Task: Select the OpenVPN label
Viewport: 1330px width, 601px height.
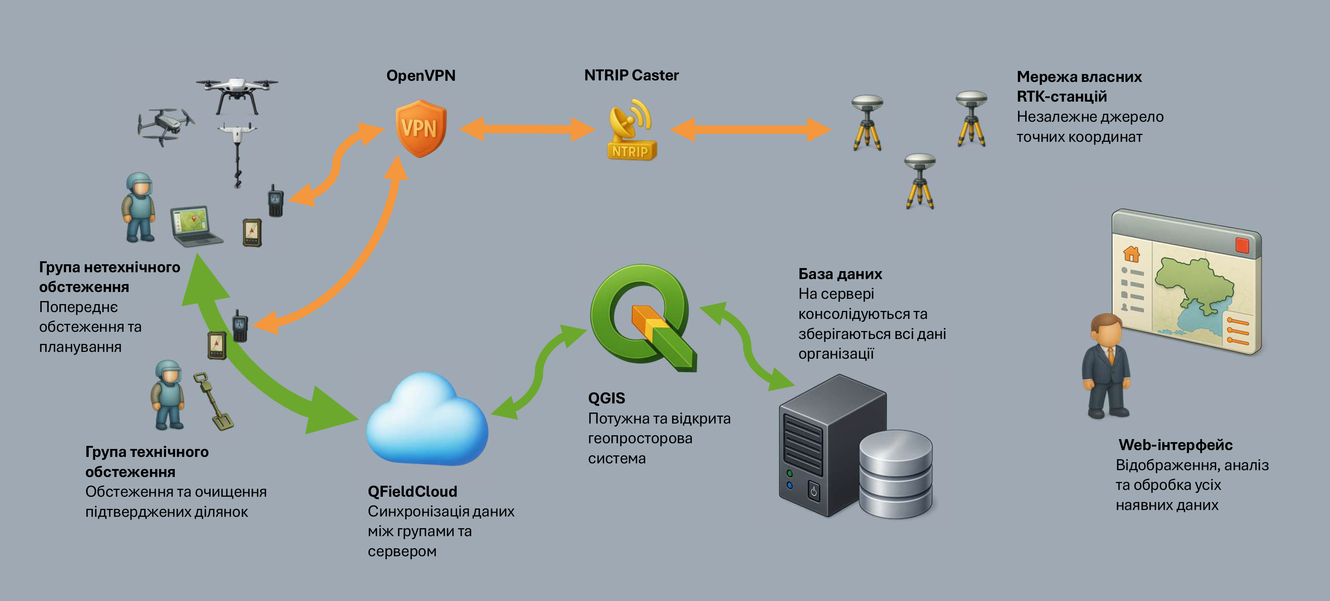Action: [421, 75]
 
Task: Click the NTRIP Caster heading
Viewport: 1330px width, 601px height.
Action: [631, 75]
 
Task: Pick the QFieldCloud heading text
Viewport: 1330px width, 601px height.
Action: [412, 491]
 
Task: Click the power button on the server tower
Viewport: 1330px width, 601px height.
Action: [813, 491]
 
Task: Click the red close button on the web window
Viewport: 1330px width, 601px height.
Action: [1242, 245]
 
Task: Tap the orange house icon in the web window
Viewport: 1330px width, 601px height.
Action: [1131, 254]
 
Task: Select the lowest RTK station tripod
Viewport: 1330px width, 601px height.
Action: [919, 181]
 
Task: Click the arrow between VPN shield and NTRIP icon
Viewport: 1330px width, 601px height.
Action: [527, 129]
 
